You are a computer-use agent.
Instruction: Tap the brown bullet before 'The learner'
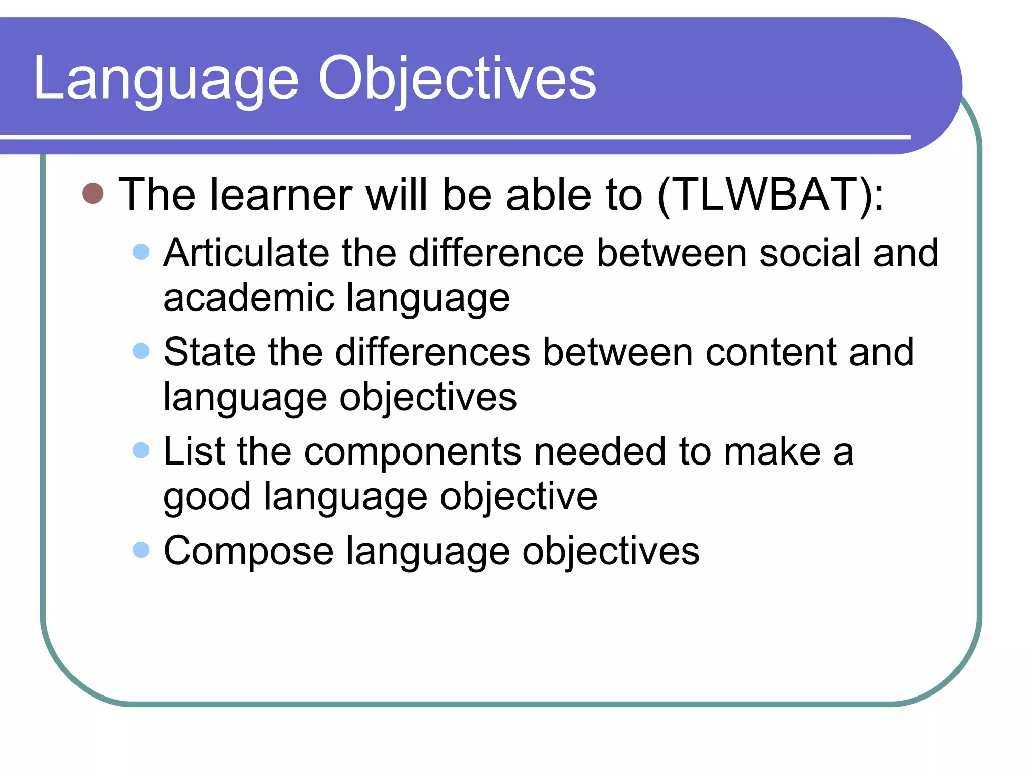tap(93, 193)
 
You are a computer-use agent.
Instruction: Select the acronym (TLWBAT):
tap(770, 195)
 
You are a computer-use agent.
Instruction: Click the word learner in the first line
tap(281, 195)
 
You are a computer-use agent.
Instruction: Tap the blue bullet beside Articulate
tap(141, 252)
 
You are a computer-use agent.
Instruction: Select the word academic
tap(249, 298)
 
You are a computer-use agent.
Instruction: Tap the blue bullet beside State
tap(141, 351)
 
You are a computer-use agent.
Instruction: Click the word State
tap(210, 352)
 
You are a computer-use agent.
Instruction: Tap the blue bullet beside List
tap(141, 450)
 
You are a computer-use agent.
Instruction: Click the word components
tap(413, 452)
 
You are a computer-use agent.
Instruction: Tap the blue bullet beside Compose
tap(141, 550)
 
